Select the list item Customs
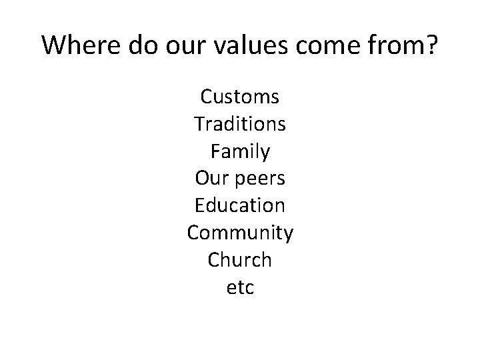240,97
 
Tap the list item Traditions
240,125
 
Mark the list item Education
240,206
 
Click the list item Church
240,260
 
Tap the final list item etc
240,288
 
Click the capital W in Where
52,46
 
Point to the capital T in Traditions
199,125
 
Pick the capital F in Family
214,152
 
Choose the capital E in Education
199,206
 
